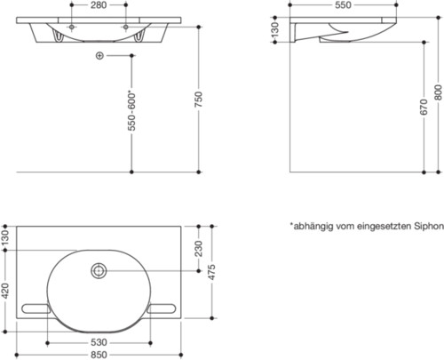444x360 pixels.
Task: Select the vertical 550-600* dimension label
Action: tap(131, 112)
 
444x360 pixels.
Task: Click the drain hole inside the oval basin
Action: tap(97, 269)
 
